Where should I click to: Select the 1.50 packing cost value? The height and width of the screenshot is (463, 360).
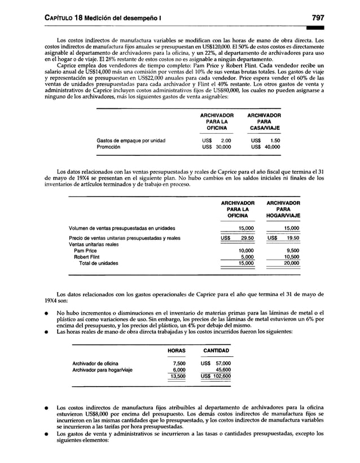[275, 140]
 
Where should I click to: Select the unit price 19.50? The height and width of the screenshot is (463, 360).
[291, 238]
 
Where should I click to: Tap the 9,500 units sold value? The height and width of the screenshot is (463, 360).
[292, 250]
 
